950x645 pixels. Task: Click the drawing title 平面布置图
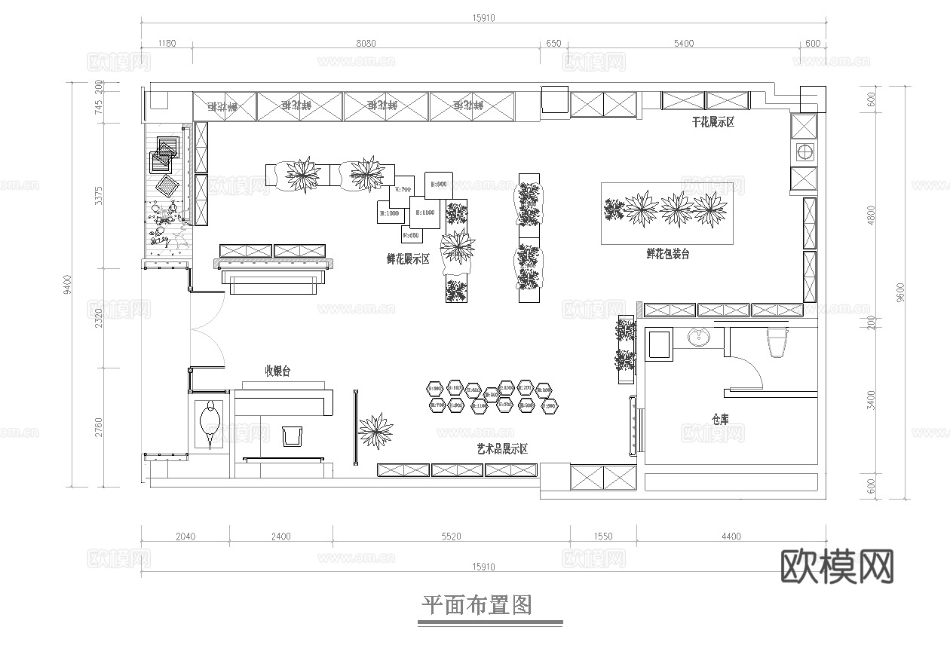(x=476, y=605)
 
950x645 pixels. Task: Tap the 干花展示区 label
(x=713, y=122)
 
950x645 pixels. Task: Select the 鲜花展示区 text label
(x=408, y=259)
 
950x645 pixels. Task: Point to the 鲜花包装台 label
(x=667, y=255)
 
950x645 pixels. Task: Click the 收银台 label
(x=277, y=371)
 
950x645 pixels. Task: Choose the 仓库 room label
(x=720, y=419)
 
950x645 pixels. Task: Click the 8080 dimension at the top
(x=366, y=44)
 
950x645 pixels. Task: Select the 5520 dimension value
(x=450, y=536)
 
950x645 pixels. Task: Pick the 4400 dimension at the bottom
(x=731, y=536)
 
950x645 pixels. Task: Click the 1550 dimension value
(x=602, y=536)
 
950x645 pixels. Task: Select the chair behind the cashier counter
(x=292, y=436)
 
